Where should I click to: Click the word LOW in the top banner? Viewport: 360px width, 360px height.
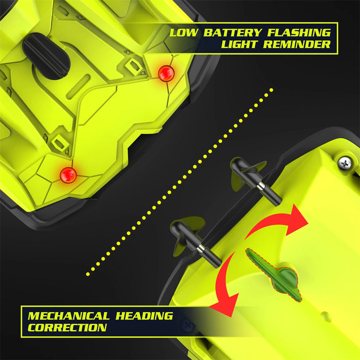tap(184, 32)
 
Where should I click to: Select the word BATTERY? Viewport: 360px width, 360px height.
tap(232, 32)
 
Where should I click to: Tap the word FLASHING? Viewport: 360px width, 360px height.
tap(299, 32)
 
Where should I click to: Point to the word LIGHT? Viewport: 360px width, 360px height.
tap(239, 44)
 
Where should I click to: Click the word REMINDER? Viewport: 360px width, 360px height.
tap(297, 44)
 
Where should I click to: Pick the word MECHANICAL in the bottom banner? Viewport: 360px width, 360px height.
tap(68, 316)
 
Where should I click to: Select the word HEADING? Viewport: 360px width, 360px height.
tap(144, 316)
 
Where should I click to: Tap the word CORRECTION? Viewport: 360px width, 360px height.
tap(67, 328)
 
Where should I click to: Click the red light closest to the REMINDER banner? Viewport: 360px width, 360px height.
tap(166, 74)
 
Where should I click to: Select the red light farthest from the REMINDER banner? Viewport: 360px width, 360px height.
tap(68, 175)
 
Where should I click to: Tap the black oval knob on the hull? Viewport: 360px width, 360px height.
tap(46, 56)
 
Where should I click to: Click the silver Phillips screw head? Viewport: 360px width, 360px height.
tap(345, 163)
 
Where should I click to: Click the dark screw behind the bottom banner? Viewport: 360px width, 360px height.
tap(187, 326)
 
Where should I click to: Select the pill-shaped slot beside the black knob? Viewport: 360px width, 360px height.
tap(78, 86)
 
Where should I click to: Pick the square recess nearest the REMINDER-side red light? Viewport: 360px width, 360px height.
tap(134, 66)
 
